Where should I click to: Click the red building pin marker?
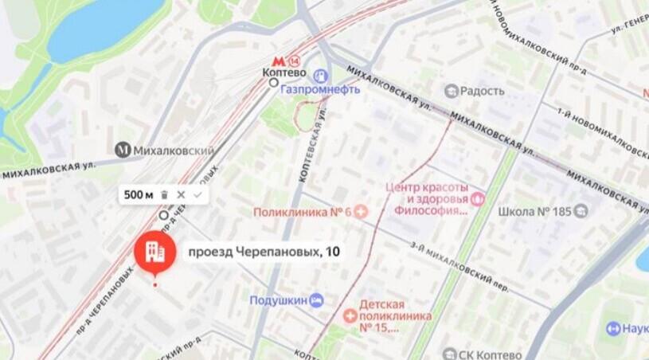[154, 253]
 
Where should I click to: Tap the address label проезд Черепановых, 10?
[263, 252]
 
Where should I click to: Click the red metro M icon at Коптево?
[278, 61]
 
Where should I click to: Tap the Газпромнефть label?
[319, 89]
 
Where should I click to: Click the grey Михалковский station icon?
[123, 150]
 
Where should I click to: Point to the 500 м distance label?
[138, 194]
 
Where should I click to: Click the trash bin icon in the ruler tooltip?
[164, 194]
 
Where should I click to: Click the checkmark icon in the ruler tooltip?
[197, 194]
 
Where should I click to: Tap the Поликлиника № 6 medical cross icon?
[360, 212]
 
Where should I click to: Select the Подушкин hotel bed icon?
[317, 299]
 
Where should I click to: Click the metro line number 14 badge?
[295, 61]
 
